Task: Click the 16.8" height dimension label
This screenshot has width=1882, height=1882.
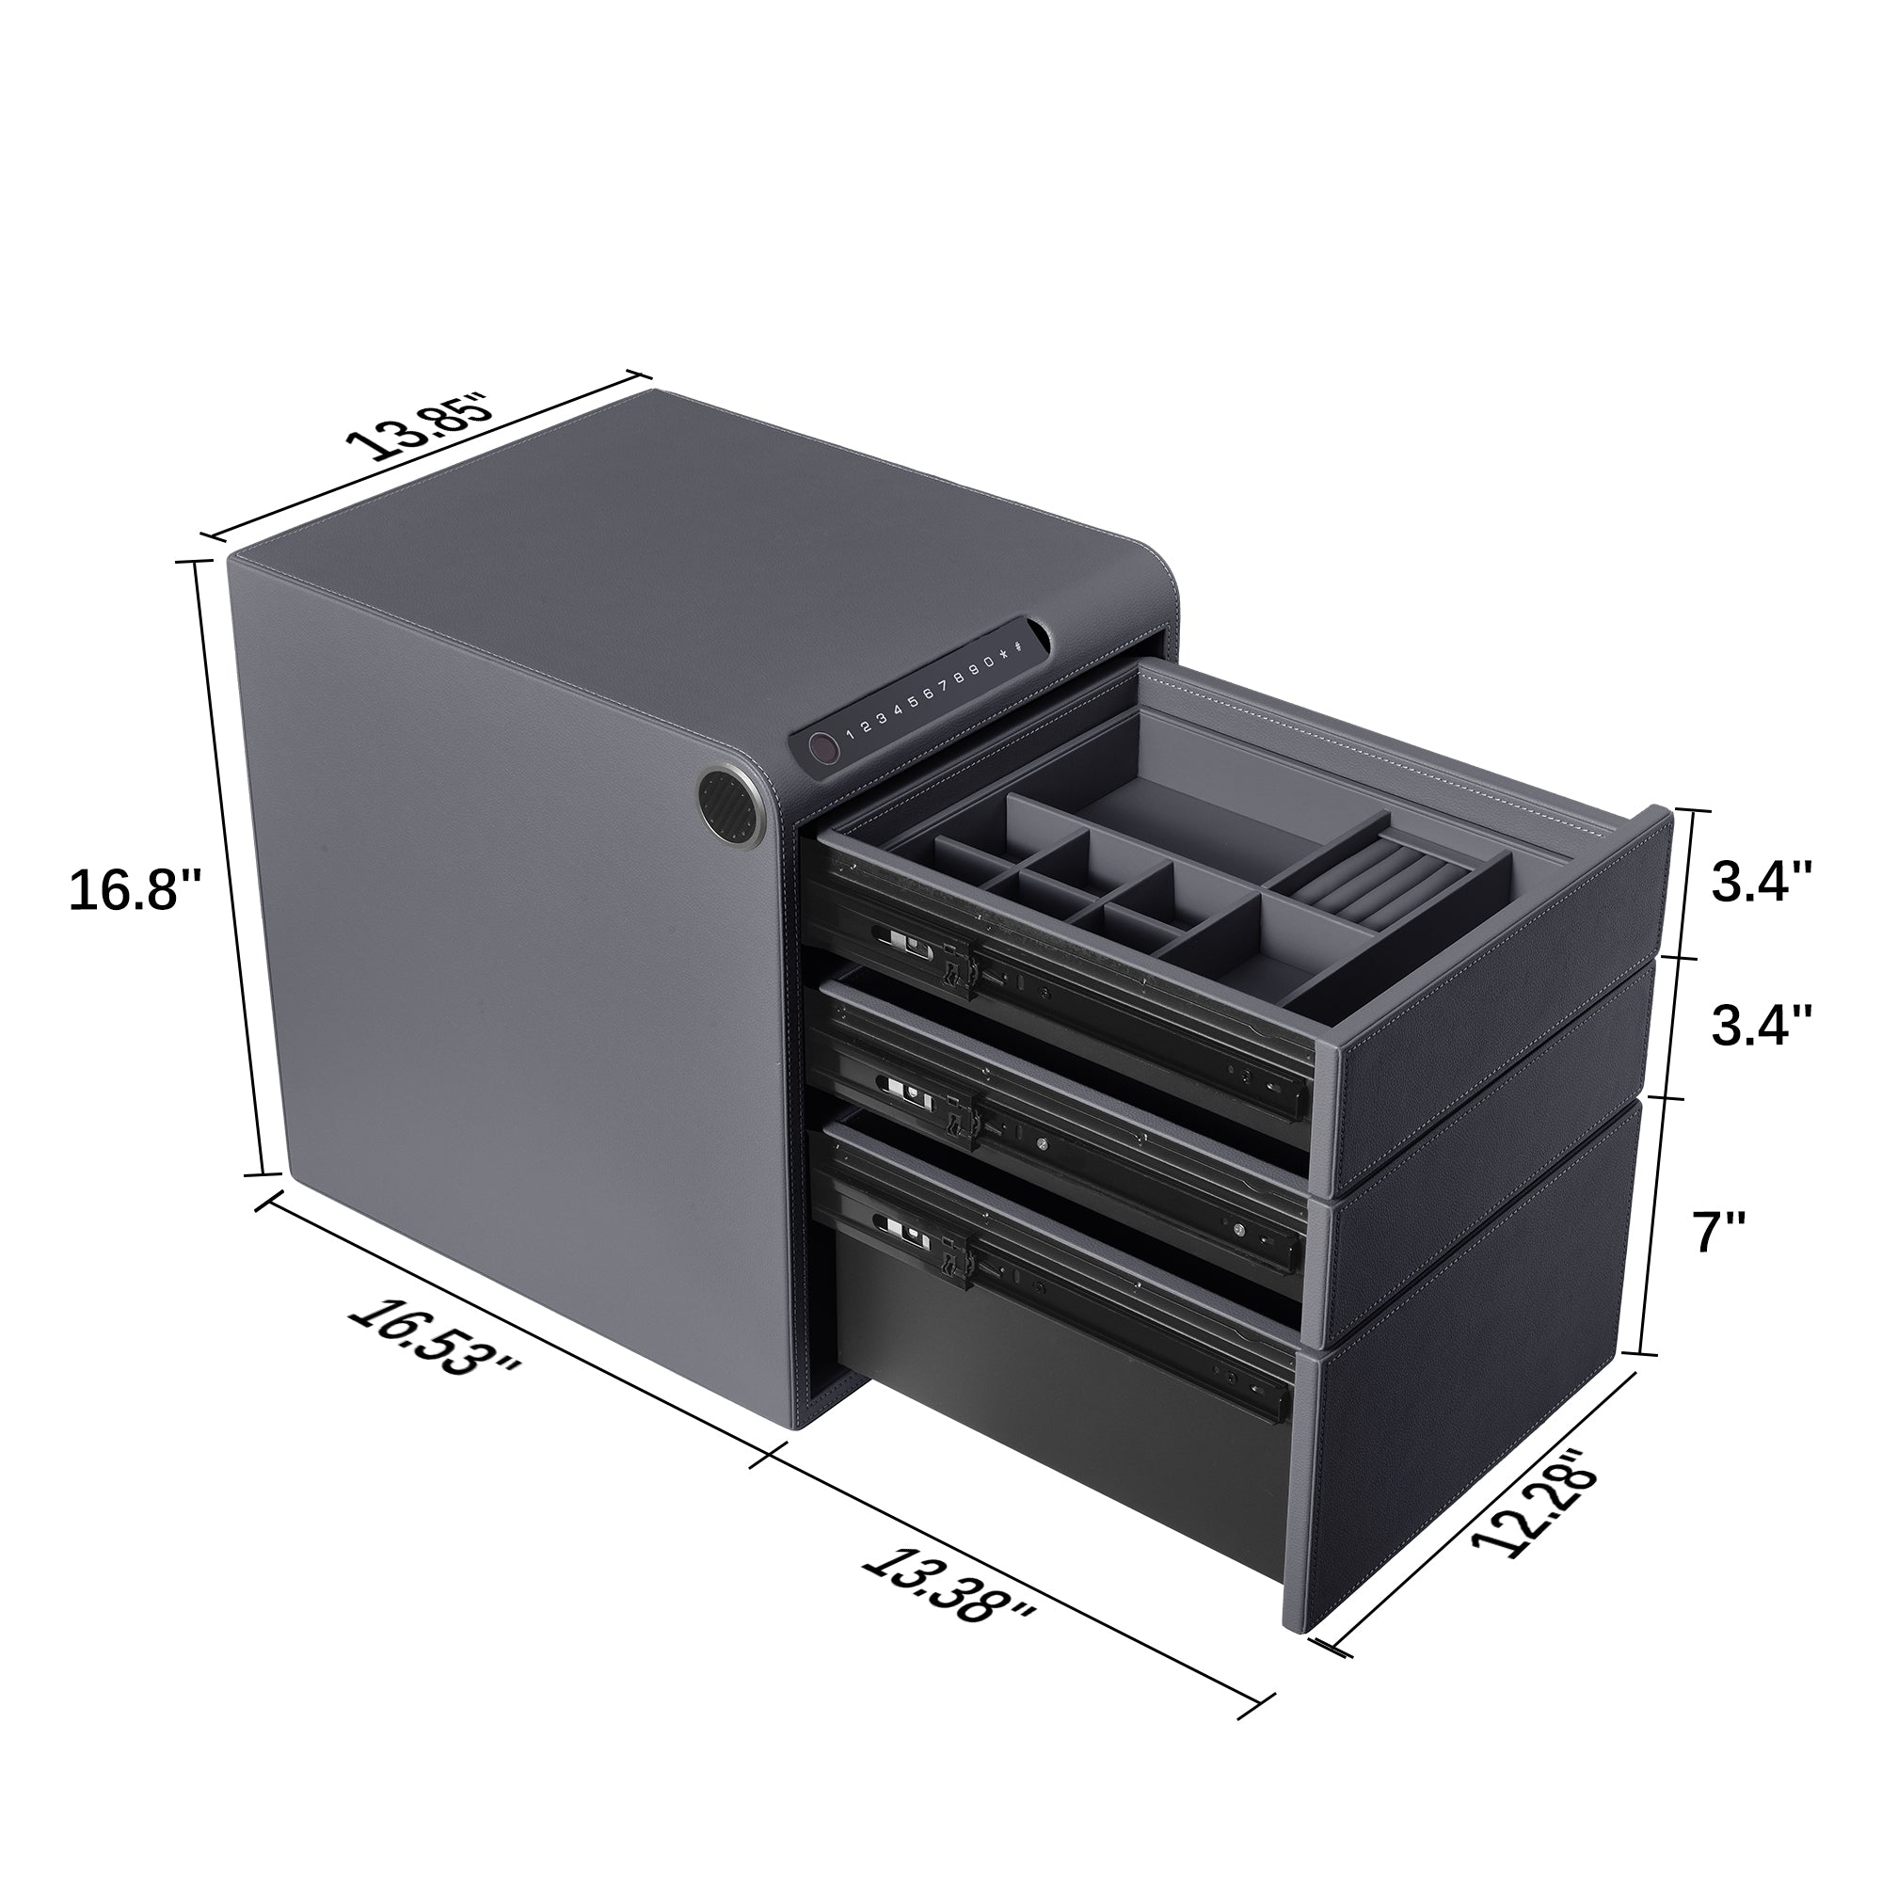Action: [135, 890]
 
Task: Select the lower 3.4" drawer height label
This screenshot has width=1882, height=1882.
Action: [1762, 1026]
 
